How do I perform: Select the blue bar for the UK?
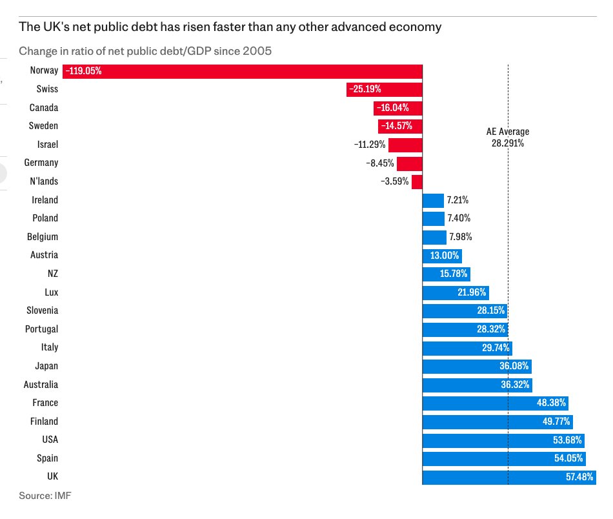point(490,477)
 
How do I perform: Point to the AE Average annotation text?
point(507,137)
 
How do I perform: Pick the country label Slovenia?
point(42,310)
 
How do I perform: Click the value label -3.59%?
point(395,181)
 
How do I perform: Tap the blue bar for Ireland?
point(433,200)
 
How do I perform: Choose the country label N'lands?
point(43,181)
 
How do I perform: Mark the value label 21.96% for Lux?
point(471,292)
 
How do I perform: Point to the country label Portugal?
point(41,329)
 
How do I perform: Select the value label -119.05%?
point(83,71)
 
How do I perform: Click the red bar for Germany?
point(409,163)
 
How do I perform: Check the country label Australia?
point(41,385)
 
